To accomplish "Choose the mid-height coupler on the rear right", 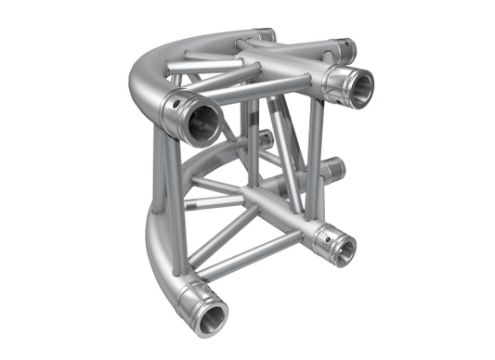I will coord(332,169).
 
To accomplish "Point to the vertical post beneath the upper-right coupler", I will coord(316,158).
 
